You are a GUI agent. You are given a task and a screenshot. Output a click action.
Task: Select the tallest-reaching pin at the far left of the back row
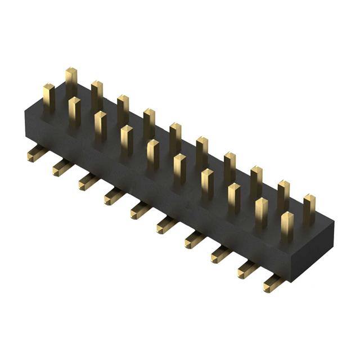pos(71,82)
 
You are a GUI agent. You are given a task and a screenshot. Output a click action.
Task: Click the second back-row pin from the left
pos(97,95)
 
